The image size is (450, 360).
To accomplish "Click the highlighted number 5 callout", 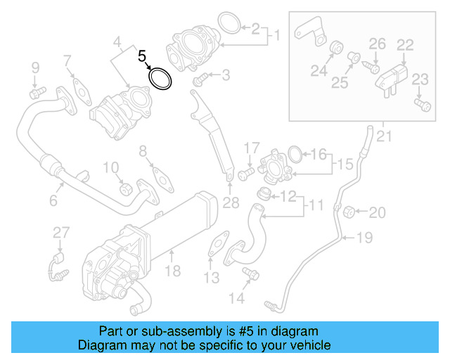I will (143, 56).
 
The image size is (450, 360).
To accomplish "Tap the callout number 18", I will (172, 271).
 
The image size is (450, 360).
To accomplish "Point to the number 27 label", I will (61, 232).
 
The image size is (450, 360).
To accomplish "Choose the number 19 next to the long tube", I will (364, 238).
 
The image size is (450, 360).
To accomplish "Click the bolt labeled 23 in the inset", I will (422, 105).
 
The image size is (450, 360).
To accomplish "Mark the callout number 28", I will (231, 204).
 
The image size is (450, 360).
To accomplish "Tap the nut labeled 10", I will (126, 188).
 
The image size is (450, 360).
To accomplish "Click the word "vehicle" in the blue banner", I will (310, 346).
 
